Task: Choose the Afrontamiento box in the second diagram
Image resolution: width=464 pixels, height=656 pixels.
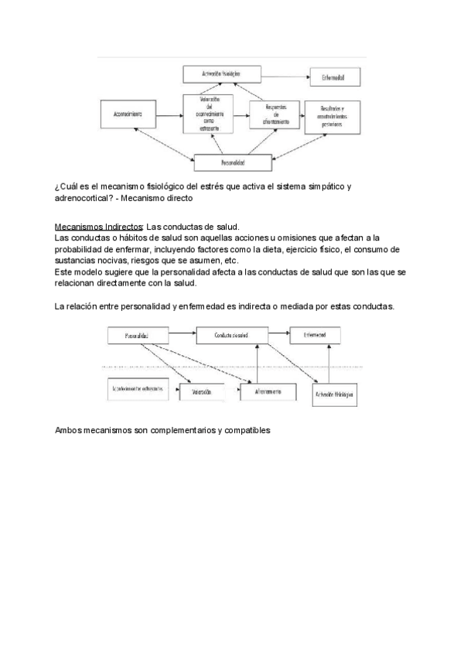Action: point(266,392)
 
